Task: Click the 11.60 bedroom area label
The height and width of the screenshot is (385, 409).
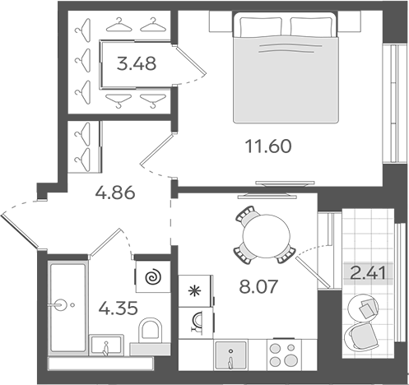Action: [268, 146]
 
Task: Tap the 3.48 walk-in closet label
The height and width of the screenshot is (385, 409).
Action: [137, 63]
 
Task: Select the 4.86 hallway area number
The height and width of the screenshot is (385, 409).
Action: [115, 192]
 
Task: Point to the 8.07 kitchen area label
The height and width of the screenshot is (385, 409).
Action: [258, 286]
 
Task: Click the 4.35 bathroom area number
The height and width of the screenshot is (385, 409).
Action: [118, 308]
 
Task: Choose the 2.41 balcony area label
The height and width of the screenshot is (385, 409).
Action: [368, 273]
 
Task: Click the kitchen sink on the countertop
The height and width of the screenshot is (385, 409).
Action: [230, 355]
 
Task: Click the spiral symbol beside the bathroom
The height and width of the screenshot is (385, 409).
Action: [154, 276]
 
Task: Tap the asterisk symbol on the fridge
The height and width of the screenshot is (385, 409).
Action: [196, 291]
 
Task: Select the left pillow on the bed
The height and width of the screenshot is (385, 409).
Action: [261, 26]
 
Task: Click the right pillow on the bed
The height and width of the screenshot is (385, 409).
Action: [311, 26]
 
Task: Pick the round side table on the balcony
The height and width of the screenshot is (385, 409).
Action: [363, 308]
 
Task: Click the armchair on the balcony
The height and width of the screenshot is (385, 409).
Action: [360, 336]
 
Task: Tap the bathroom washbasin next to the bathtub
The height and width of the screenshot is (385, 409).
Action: [106, 345]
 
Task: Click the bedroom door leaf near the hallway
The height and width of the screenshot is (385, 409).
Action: [156, 150]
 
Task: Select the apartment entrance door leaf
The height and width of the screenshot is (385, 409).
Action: [20, 232]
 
